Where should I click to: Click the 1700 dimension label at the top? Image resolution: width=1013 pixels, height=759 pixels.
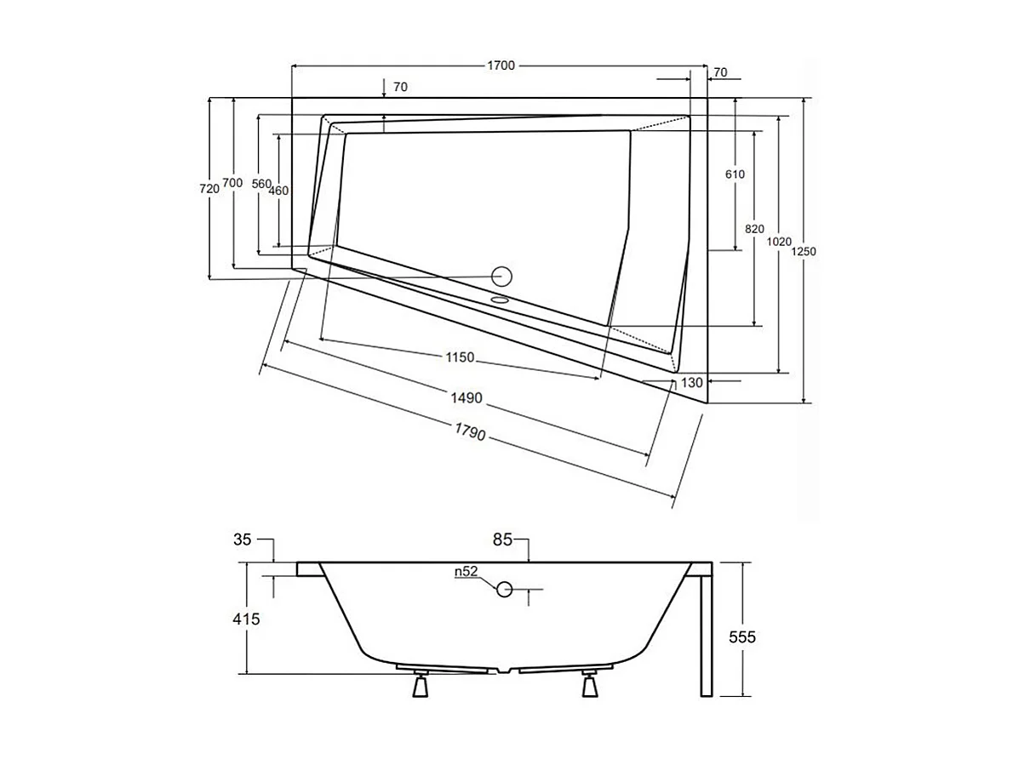[501, 66]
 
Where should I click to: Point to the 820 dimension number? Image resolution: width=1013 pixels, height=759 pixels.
[754, 229]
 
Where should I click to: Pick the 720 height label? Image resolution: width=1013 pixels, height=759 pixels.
[209, 189]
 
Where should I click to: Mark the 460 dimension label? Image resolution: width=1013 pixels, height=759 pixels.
[278, 191]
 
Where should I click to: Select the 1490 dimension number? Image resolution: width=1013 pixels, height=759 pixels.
[468, 397]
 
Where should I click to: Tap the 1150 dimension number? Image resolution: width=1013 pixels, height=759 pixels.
[459, 357]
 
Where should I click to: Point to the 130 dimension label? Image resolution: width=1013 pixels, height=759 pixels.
[692, 383]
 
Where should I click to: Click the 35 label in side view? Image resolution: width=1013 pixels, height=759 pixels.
[242, 539]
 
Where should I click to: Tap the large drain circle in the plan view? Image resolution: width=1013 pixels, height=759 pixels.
[502, 276]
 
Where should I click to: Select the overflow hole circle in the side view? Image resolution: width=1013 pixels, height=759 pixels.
[505, 589]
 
